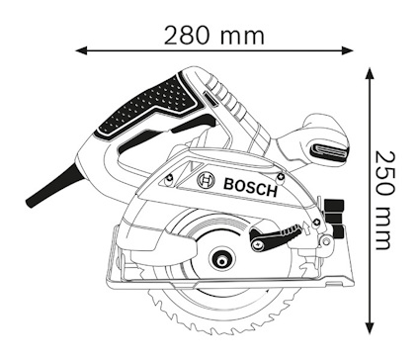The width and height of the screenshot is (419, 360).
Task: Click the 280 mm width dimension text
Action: [215, 35]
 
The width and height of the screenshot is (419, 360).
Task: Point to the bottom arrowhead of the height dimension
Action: [369, 326]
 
